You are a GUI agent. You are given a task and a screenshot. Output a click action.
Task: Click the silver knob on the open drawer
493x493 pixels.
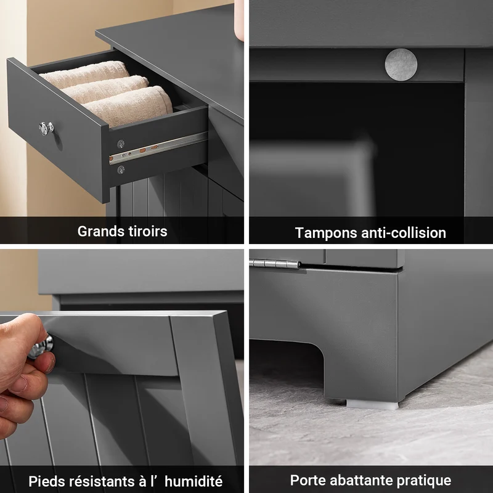point(46,128)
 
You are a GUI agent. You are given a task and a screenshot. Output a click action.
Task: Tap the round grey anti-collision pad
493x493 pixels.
point(401,64)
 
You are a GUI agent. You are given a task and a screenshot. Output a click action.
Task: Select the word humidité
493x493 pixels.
point(194,481)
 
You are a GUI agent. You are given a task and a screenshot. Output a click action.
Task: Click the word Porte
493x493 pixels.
point(308,480)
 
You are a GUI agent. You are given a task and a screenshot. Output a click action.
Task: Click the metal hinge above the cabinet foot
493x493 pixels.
point(275,264)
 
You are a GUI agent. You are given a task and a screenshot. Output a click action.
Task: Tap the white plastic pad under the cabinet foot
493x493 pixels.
point(372,404)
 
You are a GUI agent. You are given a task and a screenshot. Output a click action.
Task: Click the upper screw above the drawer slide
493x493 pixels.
point(121,144)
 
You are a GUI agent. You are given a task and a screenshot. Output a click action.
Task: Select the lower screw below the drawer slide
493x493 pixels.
point(121,170)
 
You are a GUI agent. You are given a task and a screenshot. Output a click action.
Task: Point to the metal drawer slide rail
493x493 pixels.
point(158,148)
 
